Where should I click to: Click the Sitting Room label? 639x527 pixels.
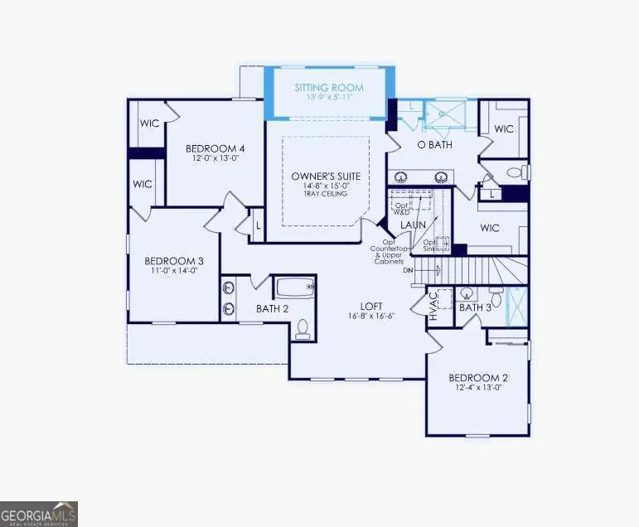(329, 86)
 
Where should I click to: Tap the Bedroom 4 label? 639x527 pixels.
(215, 148)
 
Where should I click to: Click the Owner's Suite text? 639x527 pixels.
(325, 176)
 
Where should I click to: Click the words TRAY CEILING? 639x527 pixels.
(325, 194)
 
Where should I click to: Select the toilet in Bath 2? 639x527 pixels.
(303, 328)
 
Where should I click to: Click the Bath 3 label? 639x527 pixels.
(476, 308)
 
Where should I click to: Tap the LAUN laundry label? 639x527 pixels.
(414, 225)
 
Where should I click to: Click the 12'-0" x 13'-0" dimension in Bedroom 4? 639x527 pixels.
(215, 159)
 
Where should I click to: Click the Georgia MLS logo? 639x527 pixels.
(39, 513)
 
